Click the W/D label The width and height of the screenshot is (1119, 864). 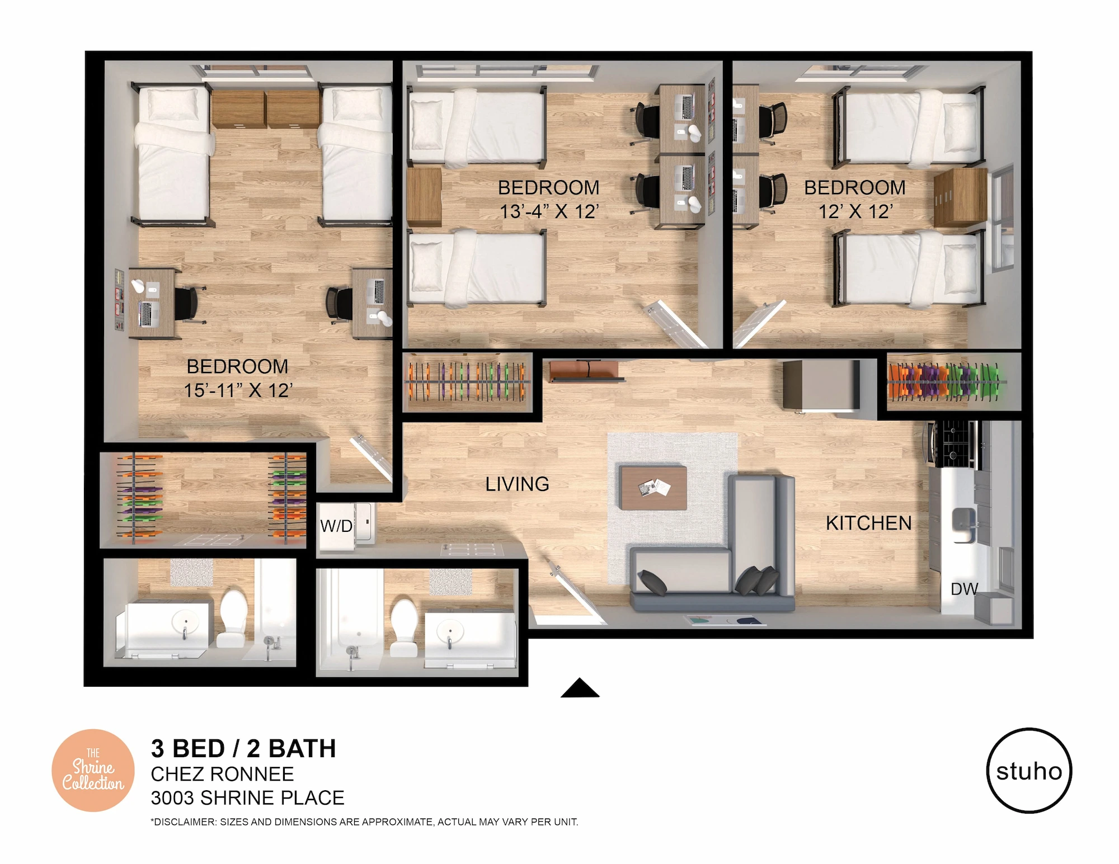tap(336, 526)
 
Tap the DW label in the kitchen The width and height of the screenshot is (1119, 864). tap(964, 589)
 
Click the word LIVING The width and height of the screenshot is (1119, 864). tap(517, 484)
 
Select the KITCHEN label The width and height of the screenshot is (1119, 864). tap(869, 523)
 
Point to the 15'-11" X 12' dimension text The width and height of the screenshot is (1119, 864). tap(238, 390)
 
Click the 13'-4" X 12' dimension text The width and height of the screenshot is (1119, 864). tap(549, 212)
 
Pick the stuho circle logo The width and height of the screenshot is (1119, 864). tap(1029, 771)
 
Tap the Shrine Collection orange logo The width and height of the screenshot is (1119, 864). tap(93, 771)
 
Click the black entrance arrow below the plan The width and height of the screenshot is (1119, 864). tap(580, 688)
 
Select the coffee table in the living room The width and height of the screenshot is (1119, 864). tap(653, 488)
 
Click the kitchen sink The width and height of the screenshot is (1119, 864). tap(963, 525)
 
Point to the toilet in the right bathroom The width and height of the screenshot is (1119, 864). tap(404, 627)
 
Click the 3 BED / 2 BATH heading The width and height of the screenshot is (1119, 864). tap(243, 749)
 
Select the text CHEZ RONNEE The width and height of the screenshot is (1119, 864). tap(222, 775)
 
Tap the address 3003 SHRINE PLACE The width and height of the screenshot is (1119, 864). tap(247, 798)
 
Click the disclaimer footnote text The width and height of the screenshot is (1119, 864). tap(364, 822)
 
